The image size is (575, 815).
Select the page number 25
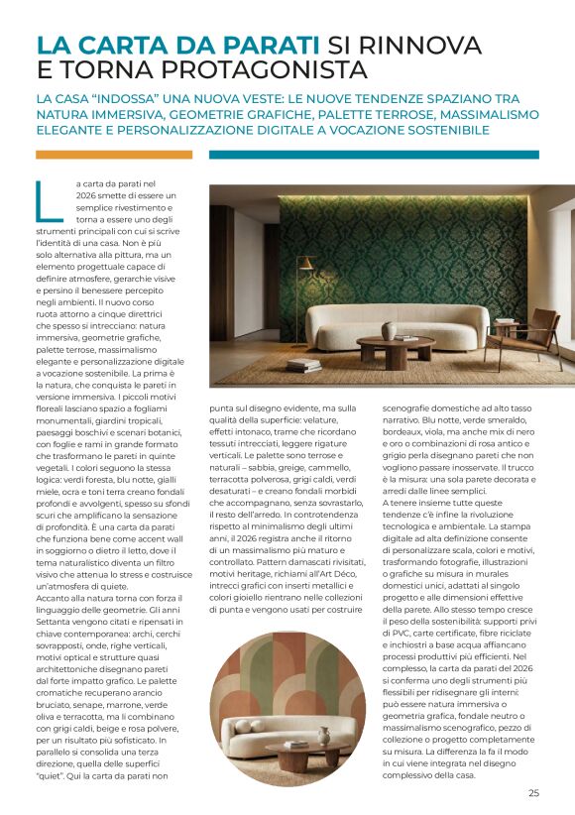[x=533, y=792]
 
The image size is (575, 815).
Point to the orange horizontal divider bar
[x=113, y=155]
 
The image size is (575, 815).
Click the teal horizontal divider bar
[x=374, y=155]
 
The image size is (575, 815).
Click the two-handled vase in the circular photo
[x=324, y=735]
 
